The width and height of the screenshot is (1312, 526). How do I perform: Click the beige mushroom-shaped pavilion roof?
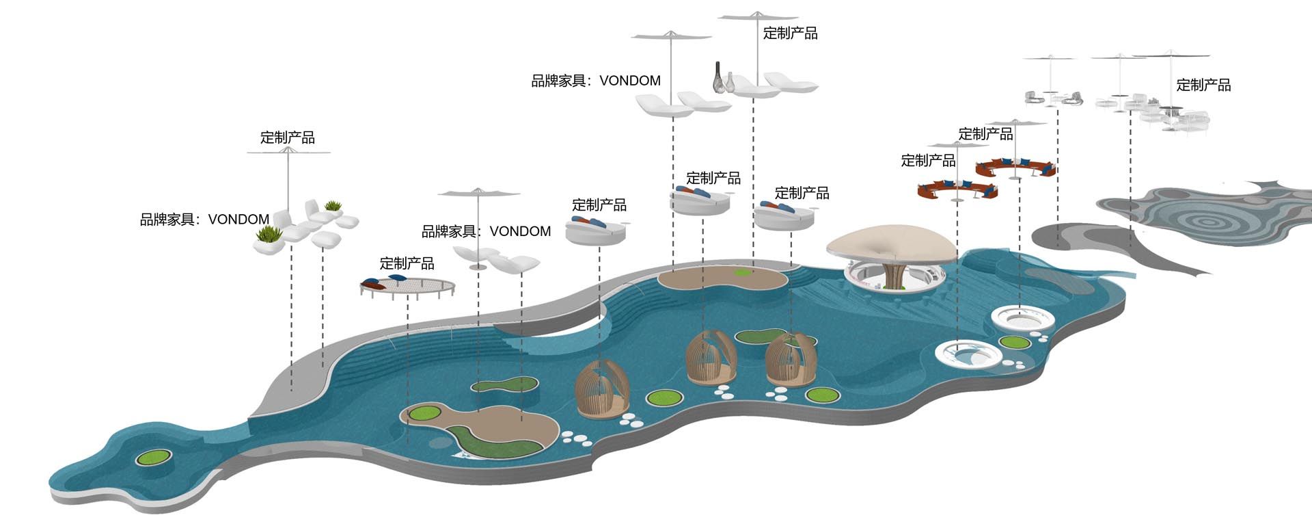pyautogui.click(x=892, y=243)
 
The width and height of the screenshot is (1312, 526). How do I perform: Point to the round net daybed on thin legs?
pyautogui.click(x=408, y=287)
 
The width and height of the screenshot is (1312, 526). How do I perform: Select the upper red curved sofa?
pyautogui.click(x=1016, y=168)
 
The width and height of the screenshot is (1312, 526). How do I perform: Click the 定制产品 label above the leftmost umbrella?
pyautogui.click(x=288, y=137)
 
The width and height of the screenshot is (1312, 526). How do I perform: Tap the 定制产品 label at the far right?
pyautogui.click(x=1203, y=86)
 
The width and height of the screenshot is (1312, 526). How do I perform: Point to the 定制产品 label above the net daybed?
pyautogui.click(x=407, y=263)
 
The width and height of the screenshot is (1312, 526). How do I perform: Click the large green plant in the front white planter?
pyautogui.click(x=269, y=235)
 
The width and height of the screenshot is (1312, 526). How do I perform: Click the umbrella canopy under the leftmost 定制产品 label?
pyautogui.click(x=288, y=153)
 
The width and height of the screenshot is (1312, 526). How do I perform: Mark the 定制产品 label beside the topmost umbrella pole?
pyautogui.click(x=790, y=34)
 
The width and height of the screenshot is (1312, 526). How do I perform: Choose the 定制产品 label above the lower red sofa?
pyautogui.click(x=928, y=161)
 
